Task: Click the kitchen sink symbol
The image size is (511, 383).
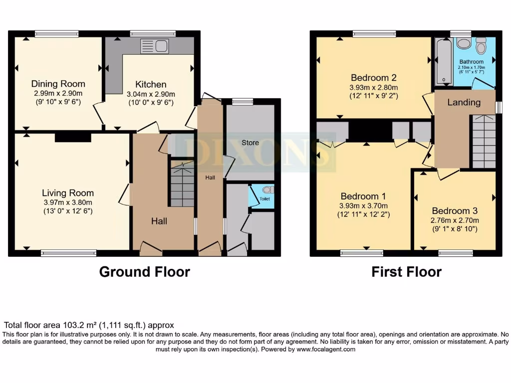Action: tap(154, 46)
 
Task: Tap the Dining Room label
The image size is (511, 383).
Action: tap(58, 84)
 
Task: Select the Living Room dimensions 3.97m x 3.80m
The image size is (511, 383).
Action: tap(67, 202)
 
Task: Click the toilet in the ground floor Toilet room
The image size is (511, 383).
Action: tap(267, 190)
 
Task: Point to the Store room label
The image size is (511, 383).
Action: tap(250, 143)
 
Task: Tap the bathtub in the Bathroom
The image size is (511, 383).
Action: tap(443, 62)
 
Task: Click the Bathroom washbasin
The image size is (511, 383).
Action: tap(464, 43)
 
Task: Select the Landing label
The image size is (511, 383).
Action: tap(464, 103)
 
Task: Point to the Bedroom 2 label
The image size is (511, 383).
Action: tap(373, 78)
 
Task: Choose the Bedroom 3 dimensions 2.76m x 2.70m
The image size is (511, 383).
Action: tap(455, 220)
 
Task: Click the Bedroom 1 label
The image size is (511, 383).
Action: tap(363, 196)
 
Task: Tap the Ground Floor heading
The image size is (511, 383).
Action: tap(144, 272)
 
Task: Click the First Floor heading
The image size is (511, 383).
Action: tap(406, 272)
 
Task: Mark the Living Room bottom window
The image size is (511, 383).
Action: tap(68, 253)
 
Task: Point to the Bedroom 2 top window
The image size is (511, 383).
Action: tap(374, 34)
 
